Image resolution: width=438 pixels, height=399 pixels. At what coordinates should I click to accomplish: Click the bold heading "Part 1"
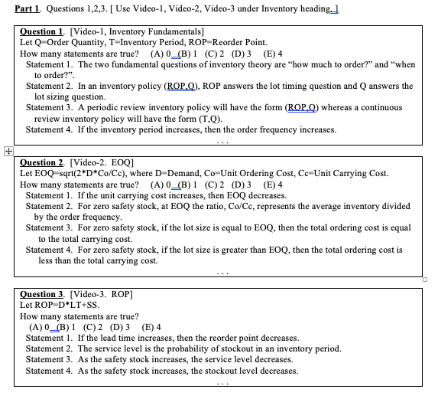(x=28, y=9)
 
